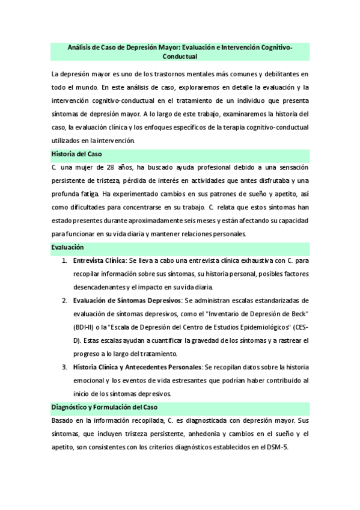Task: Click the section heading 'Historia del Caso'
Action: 76,153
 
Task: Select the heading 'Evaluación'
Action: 67,247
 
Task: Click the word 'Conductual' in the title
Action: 180,57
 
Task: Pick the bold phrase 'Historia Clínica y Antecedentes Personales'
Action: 137,366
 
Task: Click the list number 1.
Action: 64,262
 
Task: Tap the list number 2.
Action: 64,300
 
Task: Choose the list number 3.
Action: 64,366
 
